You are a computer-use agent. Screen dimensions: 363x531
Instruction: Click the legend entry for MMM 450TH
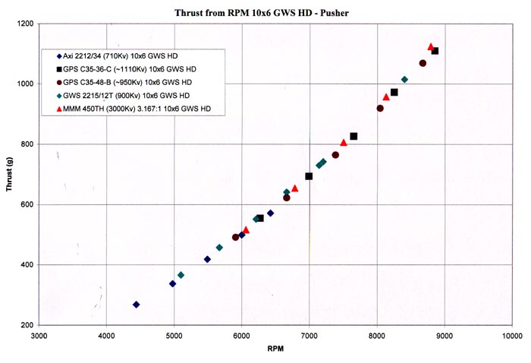tap(137, 109)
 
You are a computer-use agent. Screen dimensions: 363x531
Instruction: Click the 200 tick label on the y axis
tap(27, 325)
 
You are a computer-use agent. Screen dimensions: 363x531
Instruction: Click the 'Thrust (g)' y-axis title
tap(10, 174)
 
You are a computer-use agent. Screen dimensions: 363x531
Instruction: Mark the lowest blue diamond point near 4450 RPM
tap(136, 305)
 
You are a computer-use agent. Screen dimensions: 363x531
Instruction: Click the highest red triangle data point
tap(431, 47)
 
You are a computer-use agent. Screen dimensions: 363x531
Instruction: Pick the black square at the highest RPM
tap(435, 51)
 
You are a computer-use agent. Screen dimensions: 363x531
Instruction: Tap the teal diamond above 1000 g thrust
tap(404, 80)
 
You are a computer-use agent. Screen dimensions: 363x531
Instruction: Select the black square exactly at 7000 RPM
tap(309, 176)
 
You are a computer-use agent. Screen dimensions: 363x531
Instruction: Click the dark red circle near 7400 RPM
tap(335, 155)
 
